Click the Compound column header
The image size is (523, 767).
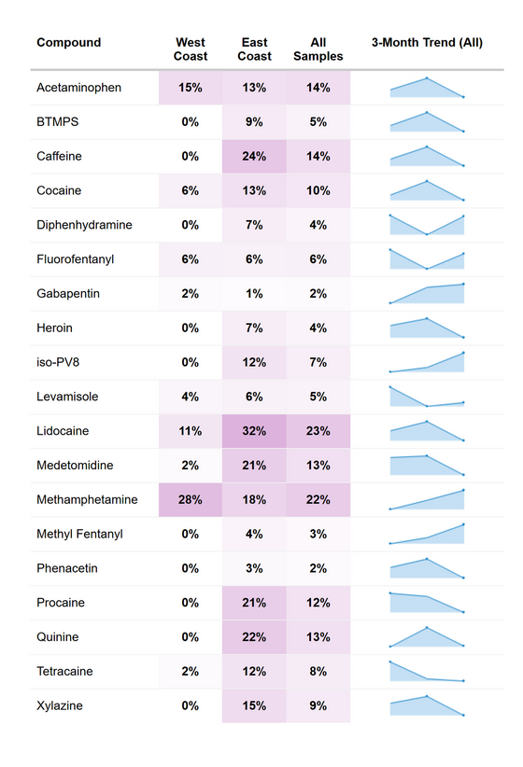point(69,43)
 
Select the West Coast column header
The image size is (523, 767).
point(191,49)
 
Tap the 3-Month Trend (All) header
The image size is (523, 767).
point(427,43)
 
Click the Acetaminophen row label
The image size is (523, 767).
point(79,88)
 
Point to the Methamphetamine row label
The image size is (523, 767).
point(87,500)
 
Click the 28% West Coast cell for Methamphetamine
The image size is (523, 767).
point(191,500)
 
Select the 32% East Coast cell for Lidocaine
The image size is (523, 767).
point(254,431)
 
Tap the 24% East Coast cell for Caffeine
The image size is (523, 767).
point(254,157)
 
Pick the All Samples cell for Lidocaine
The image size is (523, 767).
point(318,431)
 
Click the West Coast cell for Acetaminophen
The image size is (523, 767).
point(191,88)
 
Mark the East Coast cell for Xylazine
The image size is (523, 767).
point(254,706)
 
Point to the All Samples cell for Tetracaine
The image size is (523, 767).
point(318,672)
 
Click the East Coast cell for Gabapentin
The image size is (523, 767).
point(254,294)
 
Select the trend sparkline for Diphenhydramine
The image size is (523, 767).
point(427,225)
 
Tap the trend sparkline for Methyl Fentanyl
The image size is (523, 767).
point(427,534)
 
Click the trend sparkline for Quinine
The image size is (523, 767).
point(427,636)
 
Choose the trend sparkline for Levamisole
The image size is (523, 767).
point(427,397)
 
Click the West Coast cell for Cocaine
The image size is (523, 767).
point(191,190)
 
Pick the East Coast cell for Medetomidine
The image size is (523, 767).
point(254,466)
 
